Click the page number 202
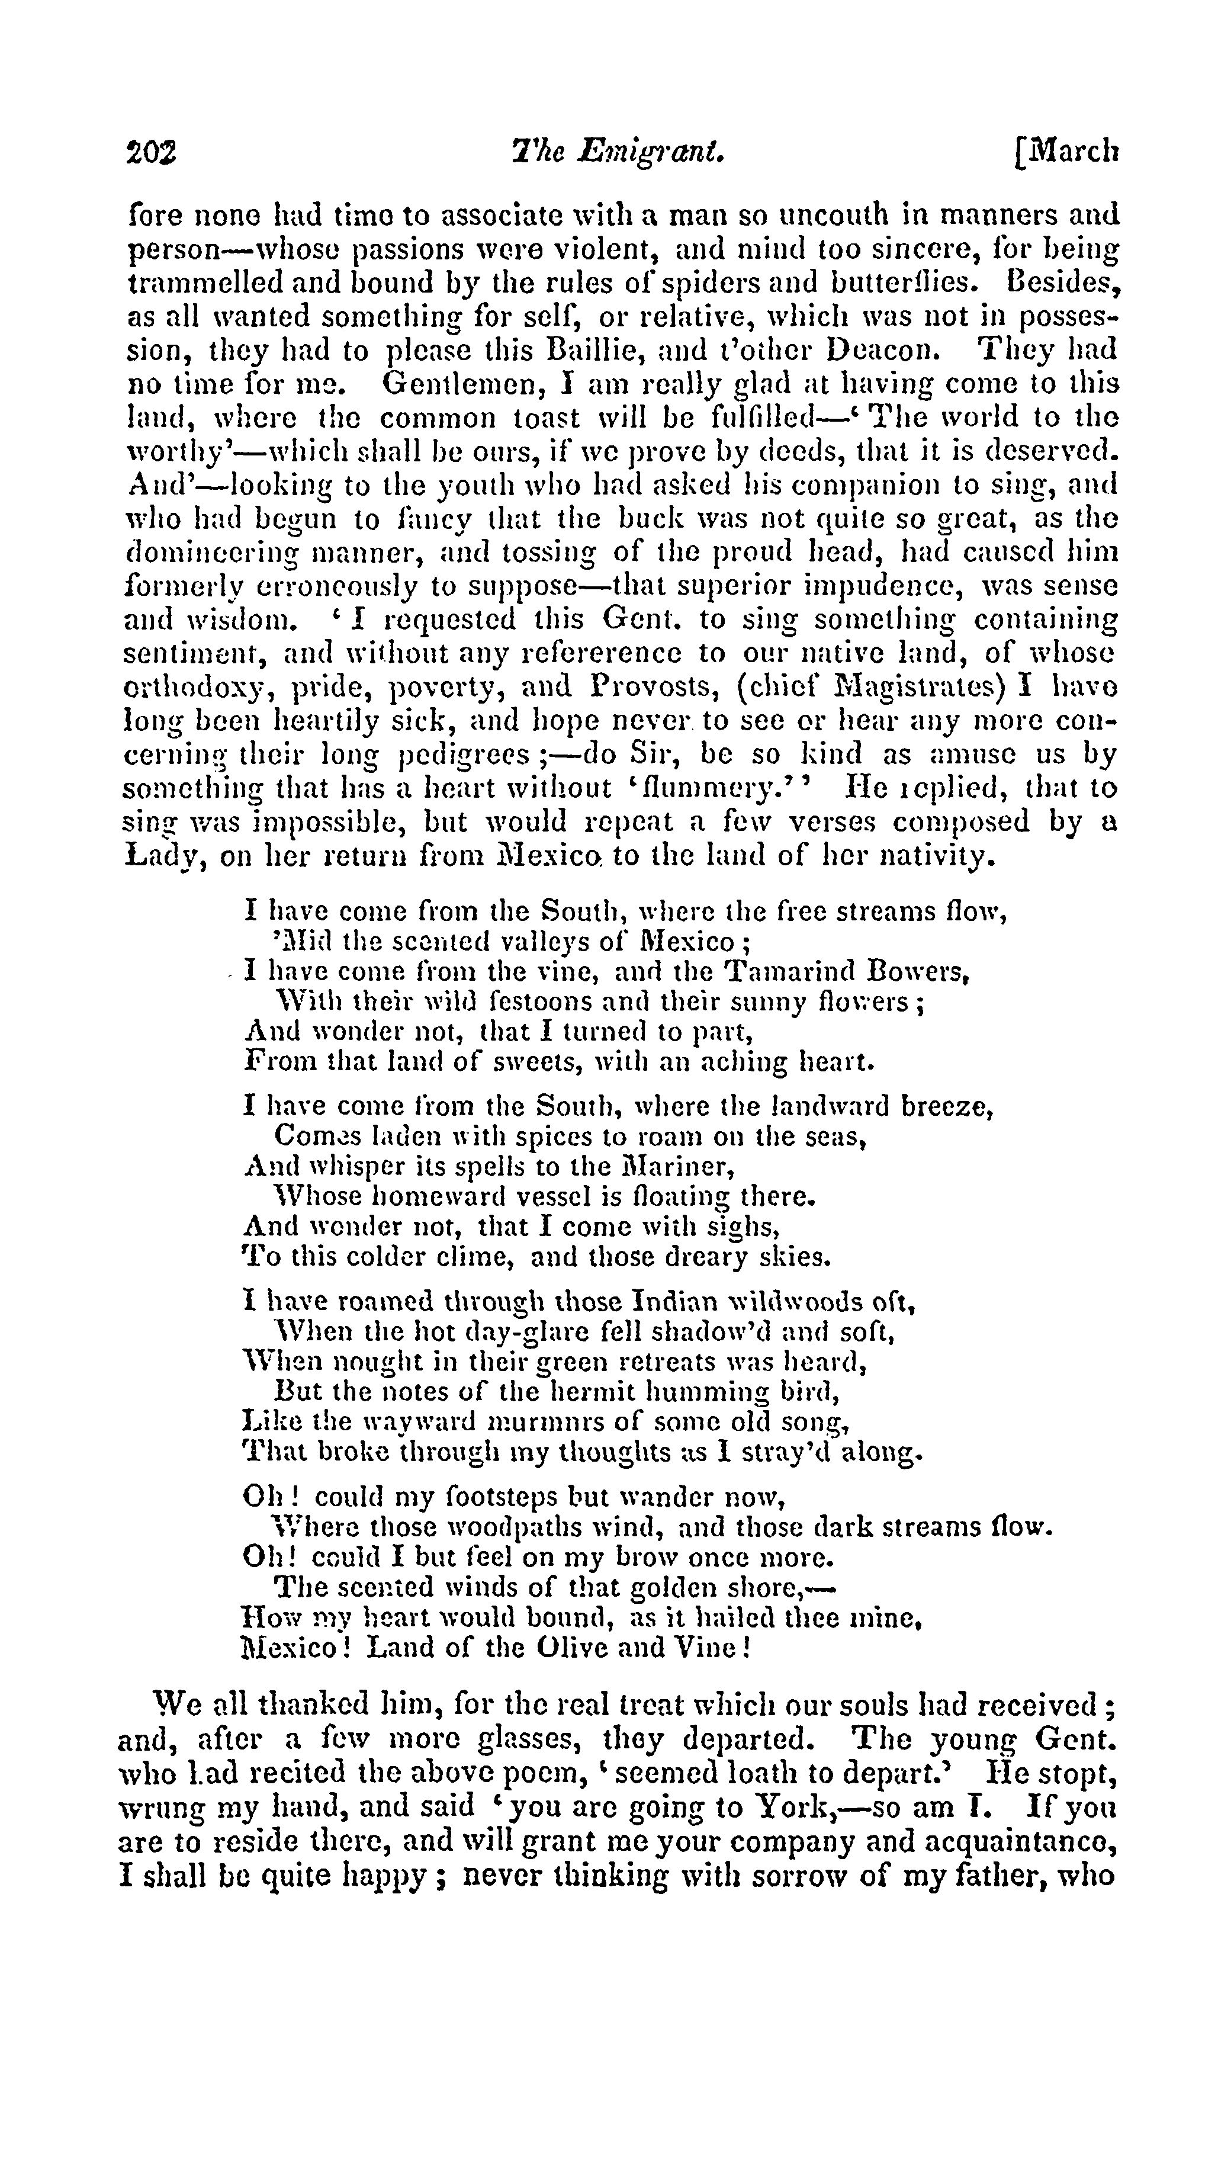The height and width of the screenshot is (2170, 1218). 152,152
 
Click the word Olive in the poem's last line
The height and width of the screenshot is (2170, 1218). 566,1647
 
